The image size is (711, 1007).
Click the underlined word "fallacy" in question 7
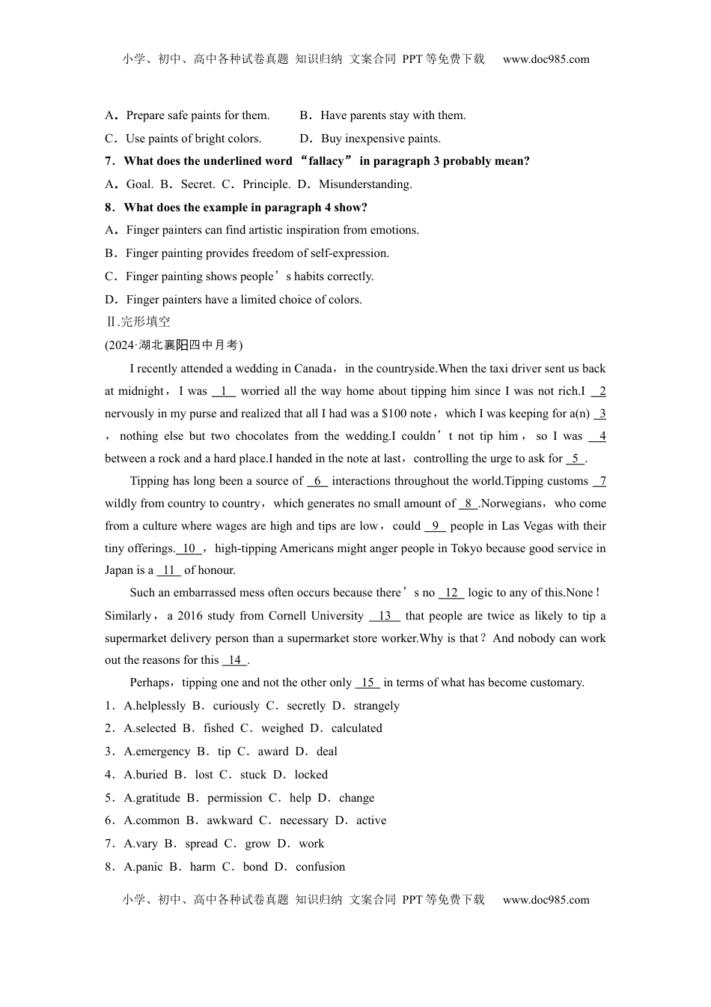(x=326, y=161)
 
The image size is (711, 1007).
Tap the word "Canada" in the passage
(x=313, y=369)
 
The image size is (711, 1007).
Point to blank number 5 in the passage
(x=576, y=459)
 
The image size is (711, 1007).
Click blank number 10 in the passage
(x=189, y=548)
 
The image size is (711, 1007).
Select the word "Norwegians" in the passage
(x=513, y=503)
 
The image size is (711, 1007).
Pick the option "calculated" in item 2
(x=356, y=728)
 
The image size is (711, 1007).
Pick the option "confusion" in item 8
(x=320, y=867)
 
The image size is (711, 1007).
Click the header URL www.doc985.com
(x=546, y=59)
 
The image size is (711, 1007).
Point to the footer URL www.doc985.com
(x=546, y=900)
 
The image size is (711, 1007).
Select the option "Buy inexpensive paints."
(x=380, y=139)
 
